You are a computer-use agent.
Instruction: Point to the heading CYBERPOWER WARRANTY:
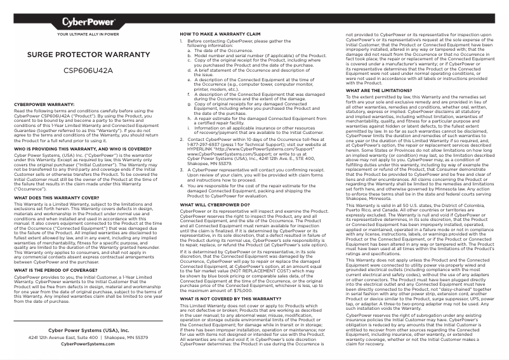pos(44,103)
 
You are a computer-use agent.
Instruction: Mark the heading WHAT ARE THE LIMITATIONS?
pos(371,90)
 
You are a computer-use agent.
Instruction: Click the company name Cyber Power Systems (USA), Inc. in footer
pos(88,331)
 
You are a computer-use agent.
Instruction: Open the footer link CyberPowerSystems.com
pos(88,343)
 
